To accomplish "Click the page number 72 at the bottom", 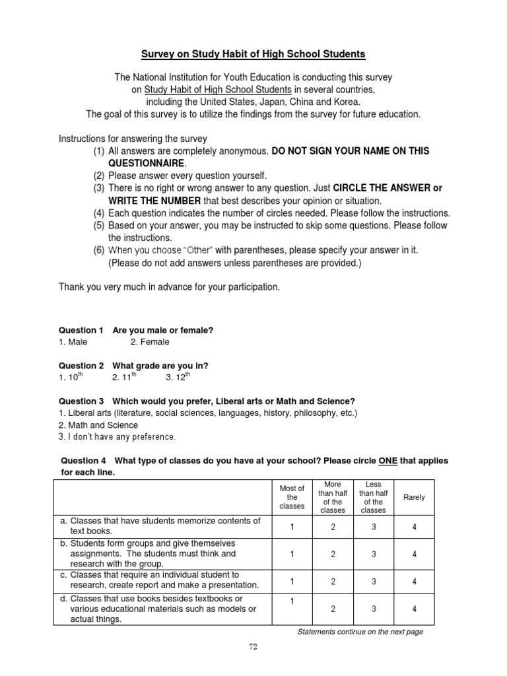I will [253, 647].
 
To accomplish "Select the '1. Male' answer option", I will [73, 342].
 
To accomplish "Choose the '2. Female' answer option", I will [150, 342].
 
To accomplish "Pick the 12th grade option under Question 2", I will [178, 377].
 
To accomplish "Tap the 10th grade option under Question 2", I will [71, 377].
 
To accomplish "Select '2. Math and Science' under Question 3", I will [98, 425].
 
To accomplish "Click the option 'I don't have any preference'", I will [118, 437].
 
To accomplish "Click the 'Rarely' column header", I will [414, 497].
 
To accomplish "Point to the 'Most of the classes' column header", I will [292, 497].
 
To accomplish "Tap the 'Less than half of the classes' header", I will [373, 497].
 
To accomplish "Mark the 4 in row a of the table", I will [414, 527].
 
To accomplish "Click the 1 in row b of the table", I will [292, 554].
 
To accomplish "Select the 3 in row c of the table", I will [373, 582].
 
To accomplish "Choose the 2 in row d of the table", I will [333, 609].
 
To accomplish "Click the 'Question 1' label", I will [81, 329].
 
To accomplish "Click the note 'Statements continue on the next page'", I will [360, 632].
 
